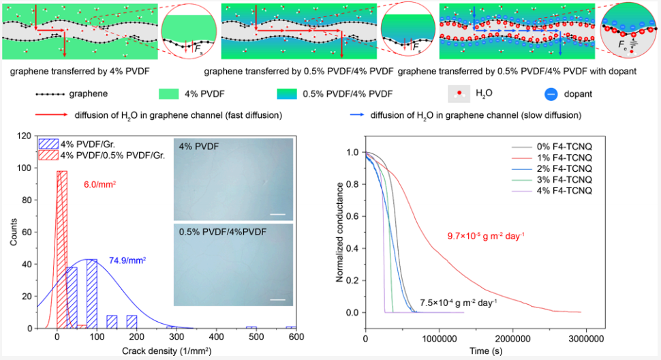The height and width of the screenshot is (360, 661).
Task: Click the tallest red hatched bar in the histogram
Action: tap(62, 250)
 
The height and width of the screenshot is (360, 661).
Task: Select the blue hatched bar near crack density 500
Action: tap(251, 327)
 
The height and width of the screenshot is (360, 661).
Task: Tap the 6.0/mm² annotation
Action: tap(100, 184)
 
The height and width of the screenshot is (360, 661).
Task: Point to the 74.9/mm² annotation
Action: tap(127, 260)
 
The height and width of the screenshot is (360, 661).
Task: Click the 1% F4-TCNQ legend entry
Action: tap(552, 157)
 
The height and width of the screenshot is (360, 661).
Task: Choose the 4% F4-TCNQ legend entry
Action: tap(552, 190)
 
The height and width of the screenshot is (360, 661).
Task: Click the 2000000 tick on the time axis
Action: tap(512, 338)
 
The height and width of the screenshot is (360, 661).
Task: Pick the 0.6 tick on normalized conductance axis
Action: tap(352, 216)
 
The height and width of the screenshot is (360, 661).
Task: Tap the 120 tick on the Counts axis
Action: tap(25, 136)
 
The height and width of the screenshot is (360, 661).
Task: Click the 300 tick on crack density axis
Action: tap(176, 337)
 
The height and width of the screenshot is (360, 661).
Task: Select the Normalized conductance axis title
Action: tap(339, 232)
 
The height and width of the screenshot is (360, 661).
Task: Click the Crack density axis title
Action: tap(166, 350)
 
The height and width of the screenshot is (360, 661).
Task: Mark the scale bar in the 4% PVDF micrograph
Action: tap(277, 214)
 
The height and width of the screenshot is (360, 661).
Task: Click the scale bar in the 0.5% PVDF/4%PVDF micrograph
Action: tap(277, 300)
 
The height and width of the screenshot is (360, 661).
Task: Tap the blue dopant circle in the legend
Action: tap(551, 94)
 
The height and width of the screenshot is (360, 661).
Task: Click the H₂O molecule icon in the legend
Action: tap(459, 93)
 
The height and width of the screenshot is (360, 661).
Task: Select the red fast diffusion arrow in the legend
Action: tap(51, 115)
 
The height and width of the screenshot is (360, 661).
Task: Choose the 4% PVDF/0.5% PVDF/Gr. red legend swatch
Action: tap(48, 155)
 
